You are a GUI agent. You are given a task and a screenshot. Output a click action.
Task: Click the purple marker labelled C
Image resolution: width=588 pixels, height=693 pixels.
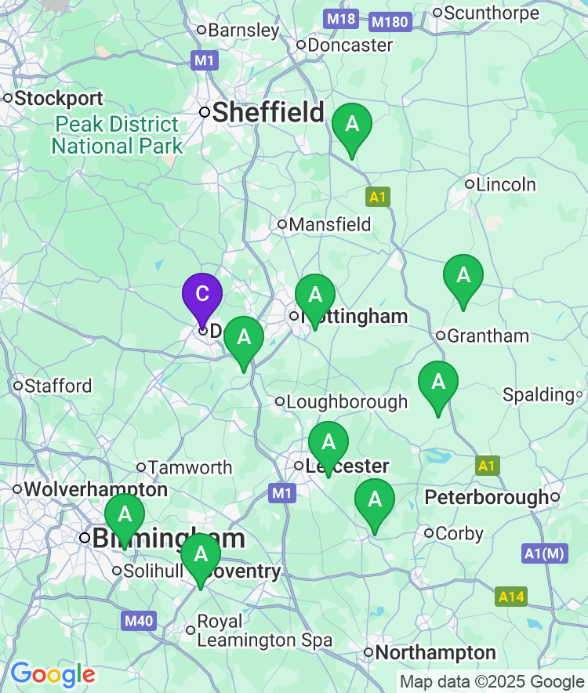(202, 295)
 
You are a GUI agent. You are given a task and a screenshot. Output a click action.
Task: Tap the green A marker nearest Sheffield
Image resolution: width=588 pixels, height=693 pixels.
(352, 125)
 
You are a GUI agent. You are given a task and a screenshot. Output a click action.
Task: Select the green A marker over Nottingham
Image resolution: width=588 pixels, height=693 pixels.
(315, 296)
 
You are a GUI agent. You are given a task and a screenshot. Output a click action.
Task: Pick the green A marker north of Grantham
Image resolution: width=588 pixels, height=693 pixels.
(463, 277)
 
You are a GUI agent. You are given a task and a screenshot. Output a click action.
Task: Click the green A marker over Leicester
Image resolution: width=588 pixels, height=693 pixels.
(328, 444)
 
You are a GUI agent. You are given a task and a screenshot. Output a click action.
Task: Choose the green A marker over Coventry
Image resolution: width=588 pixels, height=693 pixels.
(201, 556)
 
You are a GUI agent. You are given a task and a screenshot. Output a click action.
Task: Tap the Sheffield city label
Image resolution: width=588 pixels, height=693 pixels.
(268, 112)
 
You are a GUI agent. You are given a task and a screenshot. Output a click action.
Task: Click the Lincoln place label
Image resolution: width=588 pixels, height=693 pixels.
(506, 185)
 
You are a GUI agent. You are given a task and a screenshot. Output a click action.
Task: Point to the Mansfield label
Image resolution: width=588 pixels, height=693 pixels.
(330, 225)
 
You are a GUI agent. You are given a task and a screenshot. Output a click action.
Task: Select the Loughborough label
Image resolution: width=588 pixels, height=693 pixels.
(347, 402)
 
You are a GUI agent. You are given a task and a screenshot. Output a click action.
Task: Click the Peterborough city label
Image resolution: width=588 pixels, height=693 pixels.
(487, 497)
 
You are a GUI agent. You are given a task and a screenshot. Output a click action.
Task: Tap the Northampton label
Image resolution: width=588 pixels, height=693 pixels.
(436, 652)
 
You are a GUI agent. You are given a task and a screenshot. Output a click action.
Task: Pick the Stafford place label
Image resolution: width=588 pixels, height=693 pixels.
(58, 386)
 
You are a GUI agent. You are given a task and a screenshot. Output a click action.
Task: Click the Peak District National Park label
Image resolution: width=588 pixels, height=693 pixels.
(118, 135)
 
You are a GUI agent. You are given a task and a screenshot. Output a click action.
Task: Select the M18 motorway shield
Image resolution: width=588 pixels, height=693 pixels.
(342, 18)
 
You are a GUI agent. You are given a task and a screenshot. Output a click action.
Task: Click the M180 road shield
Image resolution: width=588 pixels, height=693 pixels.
(390, 21)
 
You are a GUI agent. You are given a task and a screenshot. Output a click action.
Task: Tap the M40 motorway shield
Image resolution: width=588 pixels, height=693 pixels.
(139, 622)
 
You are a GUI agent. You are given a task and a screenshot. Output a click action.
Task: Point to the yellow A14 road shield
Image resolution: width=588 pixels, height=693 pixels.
(511, 597)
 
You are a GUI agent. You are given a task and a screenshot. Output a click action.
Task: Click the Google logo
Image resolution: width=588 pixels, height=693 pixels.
(53, 674)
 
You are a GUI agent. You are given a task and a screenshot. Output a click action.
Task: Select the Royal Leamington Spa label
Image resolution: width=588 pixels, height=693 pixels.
(264, 631)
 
